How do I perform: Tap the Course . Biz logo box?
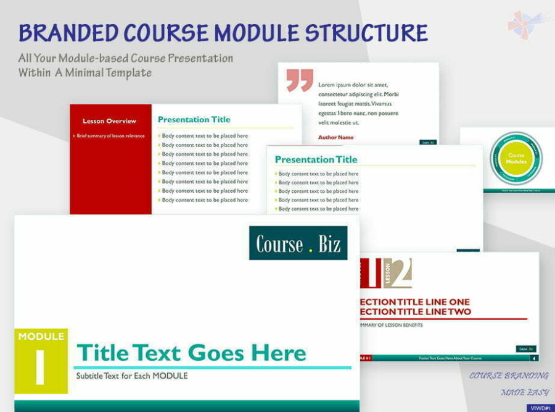coord(298,243)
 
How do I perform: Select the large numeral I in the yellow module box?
coord(41,367)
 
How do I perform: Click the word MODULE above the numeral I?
coord(41,337)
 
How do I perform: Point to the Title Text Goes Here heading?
coord(191,353)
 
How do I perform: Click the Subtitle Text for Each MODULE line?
coord(132,376)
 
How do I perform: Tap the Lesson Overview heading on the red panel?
coord(109,121)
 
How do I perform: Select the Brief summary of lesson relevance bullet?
coord(110,136)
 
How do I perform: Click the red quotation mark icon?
coord(300,80)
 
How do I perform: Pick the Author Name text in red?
coord(336,137)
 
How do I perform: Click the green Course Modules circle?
coord(516,158)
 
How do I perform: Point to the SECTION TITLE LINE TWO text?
coord(416,312)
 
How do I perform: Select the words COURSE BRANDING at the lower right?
coord(509,376)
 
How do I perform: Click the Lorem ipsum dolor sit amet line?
coord(353,85)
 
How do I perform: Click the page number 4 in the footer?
coord(533,358)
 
